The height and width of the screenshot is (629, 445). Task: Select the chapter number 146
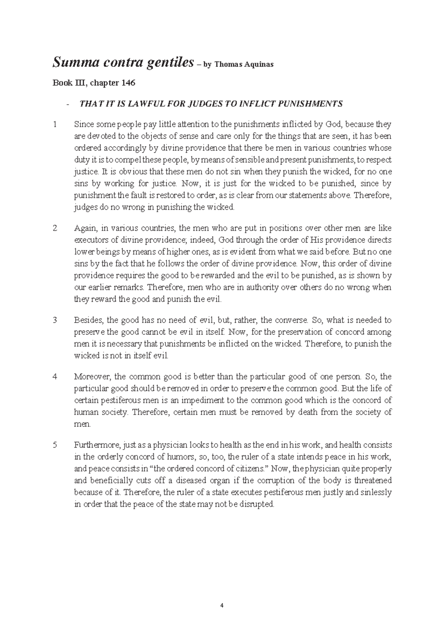click(x=128, y=83)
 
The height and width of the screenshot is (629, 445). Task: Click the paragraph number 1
click(x=55, y=124)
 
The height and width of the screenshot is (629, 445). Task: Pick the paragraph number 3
click(x=55, y=320)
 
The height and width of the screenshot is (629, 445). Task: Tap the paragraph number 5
click(x=55, y=445)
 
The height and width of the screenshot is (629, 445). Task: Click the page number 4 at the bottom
click(x=222, y=606)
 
